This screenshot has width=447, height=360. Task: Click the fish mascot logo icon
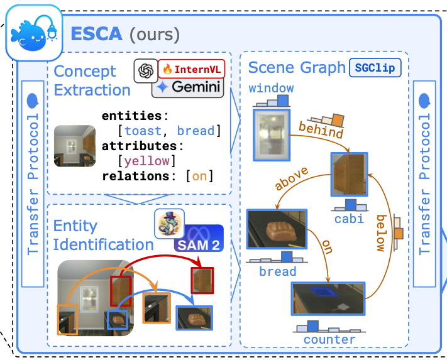tap(33, 34)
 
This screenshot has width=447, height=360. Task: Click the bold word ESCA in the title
tap(96, 33)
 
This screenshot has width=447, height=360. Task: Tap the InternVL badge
tap(191, 68)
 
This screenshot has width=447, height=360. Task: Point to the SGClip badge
tap(375, 67)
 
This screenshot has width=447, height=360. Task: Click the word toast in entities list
tap(147, 131)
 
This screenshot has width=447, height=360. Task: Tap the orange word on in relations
tap(199, 176)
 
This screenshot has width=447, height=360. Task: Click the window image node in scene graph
tap(271, 135)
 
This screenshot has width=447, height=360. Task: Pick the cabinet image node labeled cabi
tap(350, 173)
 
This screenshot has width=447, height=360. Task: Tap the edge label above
tap(290, 178)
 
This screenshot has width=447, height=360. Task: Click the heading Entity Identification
tap(103, 235)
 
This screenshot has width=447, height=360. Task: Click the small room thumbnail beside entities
tap(75, 146)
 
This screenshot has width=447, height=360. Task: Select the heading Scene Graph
tap(296, 67)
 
